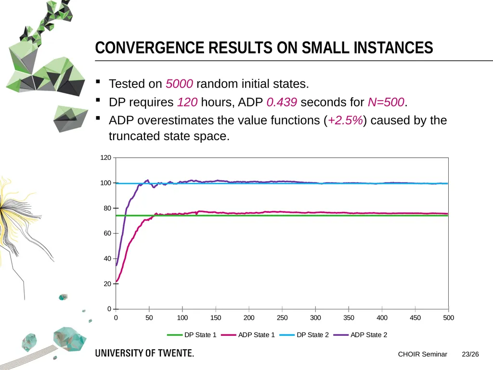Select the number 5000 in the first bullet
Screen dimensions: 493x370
click(179, 84)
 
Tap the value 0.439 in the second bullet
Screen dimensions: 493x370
click(282, 102)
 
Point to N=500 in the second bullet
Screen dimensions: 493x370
click(386, 102)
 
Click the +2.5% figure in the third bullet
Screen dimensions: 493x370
click(345, 120)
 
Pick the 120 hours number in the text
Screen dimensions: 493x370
click(187, 102)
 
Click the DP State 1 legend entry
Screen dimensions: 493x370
click(192, 335)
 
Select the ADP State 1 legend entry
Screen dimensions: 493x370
click(248, 335)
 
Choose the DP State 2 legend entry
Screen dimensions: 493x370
click(304, 335)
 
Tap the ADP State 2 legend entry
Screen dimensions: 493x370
click(360, 335)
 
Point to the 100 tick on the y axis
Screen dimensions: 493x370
click(105, 183)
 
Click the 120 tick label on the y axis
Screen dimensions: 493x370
click(105, 158)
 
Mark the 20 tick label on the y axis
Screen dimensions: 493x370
click(107, 284)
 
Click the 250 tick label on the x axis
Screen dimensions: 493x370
click(282, 318)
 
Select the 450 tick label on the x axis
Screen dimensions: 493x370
click(415, 318)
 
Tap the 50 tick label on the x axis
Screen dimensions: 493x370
click(149, 318)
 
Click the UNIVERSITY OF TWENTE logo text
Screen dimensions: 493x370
click(144, 353)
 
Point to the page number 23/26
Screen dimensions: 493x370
click(470, 354)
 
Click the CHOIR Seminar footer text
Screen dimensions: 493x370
click(423, 354)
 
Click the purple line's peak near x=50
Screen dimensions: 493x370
click(148, 180)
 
